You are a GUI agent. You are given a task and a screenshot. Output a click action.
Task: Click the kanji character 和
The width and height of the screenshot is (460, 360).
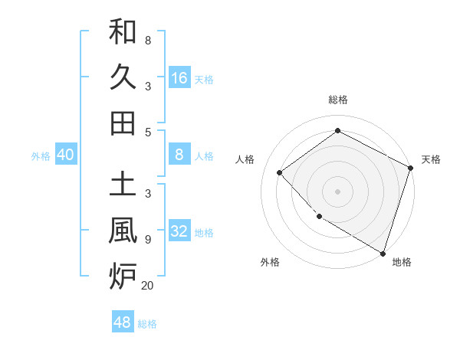tap(123, 32)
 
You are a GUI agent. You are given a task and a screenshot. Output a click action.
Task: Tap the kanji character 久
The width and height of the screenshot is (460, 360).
tap(123, 77)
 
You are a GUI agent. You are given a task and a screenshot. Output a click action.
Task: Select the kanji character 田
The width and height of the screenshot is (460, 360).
tap(123, 123)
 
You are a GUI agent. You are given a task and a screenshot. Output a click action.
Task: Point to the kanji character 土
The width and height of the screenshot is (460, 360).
tap(123, 184)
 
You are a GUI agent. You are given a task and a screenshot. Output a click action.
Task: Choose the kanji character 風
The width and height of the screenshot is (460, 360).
tap(123, 229)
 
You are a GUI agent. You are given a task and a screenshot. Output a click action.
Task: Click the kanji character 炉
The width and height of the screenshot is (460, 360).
tap(123, 275)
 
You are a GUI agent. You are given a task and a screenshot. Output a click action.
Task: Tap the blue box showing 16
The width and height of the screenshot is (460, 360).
tap(179, 77)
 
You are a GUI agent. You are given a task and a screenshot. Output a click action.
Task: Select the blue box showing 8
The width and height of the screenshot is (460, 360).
tap(179, 155)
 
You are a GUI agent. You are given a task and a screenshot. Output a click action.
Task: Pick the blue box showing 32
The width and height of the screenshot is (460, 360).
tap(179, 231)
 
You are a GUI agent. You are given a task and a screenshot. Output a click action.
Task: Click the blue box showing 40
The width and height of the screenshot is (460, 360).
tap(66, 155)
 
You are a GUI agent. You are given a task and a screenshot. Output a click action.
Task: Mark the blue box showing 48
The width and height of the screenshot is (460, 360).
tap(123, 322)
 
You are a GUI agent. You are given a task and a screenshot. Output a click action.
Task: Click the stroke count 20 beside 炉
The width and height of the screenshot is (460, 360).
tap(147, 286)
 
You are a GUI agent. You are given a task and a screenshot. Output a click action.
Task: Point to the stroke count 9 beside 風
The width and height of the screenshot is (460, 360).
tap(147, 240)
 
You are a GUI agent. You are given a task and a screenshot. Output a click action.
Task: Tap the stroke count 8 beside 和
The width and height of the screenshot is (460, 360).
tap(147, 40)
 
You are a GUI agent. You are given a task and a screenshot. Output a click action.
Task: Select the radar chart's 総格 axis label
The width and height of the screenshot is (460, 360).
tap(338, 100)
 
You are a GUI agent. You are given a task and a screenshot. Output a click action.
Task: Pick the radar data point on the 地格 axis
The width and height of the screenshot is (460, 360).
tap(383, 252)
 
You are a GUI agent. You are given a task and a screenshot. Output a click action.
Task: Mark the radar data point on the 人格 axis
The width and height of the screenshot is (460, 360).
tap(280, 172)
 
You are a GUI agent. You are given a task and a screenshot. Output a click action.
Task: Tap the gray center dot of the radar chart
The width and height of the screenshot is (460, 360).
tap(338, 191)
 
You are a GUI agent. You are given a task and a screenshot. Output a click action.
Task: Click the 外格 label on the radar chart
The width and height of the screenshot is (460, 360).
tap(270, 263)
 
